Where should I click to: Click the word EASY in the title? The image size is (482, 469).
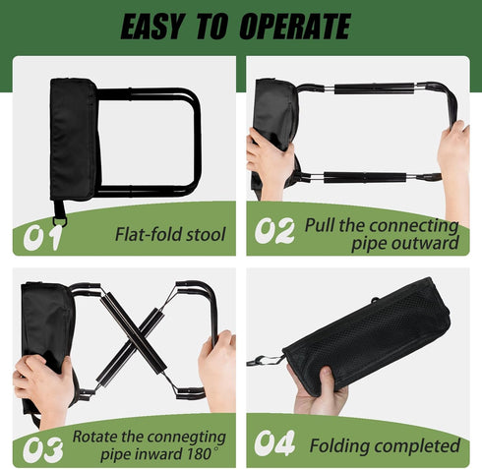click(151, 27)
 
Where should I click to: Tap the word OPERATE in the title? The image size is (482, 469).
click(295, 27)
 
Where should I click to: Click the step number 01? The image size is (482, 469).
click(42, 238)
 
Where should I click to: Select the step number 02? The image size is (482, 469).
click(274, 231)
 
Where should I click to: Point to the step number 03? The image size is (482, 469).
click(42, 449)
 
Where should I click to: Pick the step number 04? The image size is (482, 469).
click(274, 443)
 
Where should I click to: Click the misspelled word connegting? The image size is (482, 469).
click(187, 438)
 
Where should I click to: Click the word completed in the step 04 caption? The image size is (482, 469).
click(417, 445)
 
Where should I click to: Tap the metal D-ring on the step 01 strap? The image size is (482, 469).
click(60, 220)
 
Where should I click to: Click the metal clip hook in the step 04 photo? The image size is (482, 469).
click(265, 361)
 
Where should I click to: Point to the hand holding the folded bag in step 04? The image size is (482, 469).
click(320, 391)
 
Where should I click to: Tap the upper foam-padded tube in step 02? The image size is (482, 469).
click(375, 88)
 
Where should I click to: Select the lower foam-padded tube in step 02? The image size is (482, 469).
click(365, 177)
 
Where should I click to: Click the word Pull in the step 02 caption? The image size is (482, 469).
click(320, 225)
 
